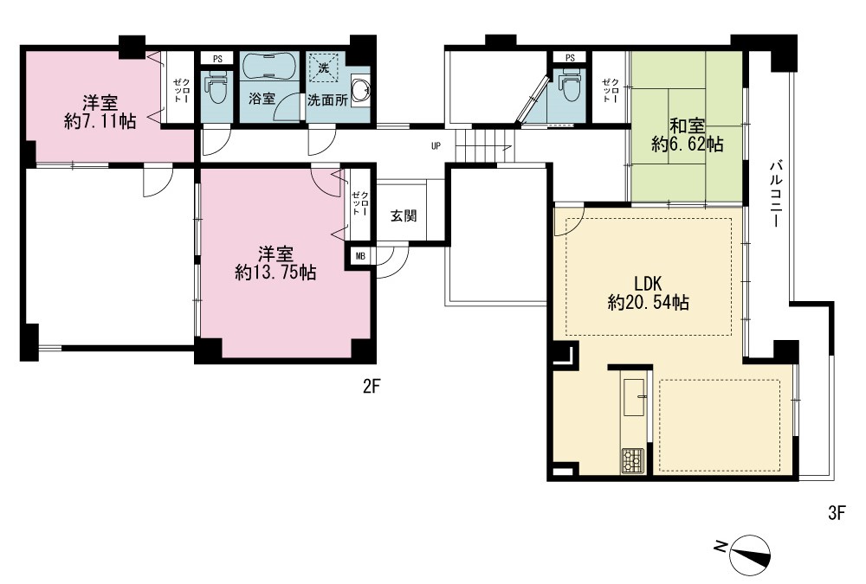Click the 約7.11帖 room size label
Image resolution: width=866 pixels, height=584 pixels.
(x=100, y=121)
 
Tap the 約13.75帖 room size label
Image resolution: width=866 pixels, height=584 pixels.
(x=275, y=273)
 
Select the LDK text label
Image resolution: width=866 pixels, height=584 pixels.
(x=648, y=284)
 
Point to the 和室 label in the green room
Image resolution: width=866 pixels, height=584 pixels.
(x=687, y=125)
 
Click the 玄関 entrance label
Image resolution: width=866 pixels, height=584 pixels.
(x=404, y=215)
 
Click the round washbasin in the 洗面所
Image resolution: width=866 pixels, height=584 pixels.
(x=360, y=91)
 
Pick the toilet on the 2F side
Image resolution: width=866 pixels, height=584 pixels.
(x=216, y=89)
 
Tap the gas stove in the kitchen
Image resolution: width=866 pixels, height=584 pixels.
(x=633, y=460)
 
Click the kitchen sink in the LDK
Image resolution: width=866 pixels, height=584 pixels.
(x=635, y=397)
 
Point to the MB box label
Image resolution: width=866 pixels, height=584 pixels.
(x=360, y=256)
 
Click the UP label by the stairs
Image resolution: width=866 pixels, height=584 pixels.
(x=436, y=146)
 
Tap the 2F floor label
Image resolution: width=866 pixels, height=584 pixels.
(x=372, y=387)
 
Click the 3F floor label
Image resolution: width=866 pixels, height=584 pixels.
(x=837, y=513)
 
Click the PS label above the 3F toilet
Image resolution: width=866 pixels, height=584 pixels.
(x=571, y=57)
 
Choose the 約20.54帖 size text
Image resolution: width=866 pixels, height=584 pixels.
(x=648, y=303)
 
